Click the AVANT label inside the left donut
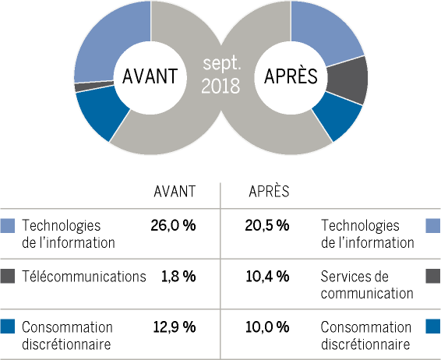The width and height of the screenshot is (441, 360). pos(150,76)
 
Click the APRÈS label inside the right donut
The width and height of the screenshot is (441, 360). pos(291,76)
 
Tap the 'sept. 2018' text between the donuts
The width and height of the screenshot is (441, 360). pos(221,75)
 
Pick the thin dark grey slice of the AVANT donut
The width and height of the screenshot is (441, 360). pos(94,86)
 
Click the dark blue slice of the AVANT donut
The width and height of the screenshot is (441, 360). pos(101,112)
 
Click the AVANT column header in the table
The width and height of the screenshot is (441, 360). pos(175,192)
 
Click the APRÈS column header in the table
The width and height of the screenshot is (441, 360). pos(269,191)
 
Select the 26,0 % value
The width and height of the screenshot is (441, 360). pos(173,225)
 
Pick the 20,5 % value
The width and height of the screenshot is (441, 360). pos(267,225)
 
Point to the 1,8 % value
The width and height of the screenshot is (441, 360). pos(178,276)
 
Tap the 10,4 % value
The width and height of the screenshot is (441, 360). pos(267,276)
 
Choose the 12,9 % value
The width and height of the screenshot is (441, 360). pos(175,326)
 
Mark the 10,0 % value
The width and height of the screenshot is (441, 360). pos(267,326)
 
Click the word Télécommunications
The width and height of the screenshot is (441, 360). pos(84,276)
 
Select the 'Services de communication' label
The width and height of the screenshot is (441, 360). pos(367,285)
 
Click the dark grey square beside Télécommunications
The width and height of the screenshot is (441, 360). pos(7,276)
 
